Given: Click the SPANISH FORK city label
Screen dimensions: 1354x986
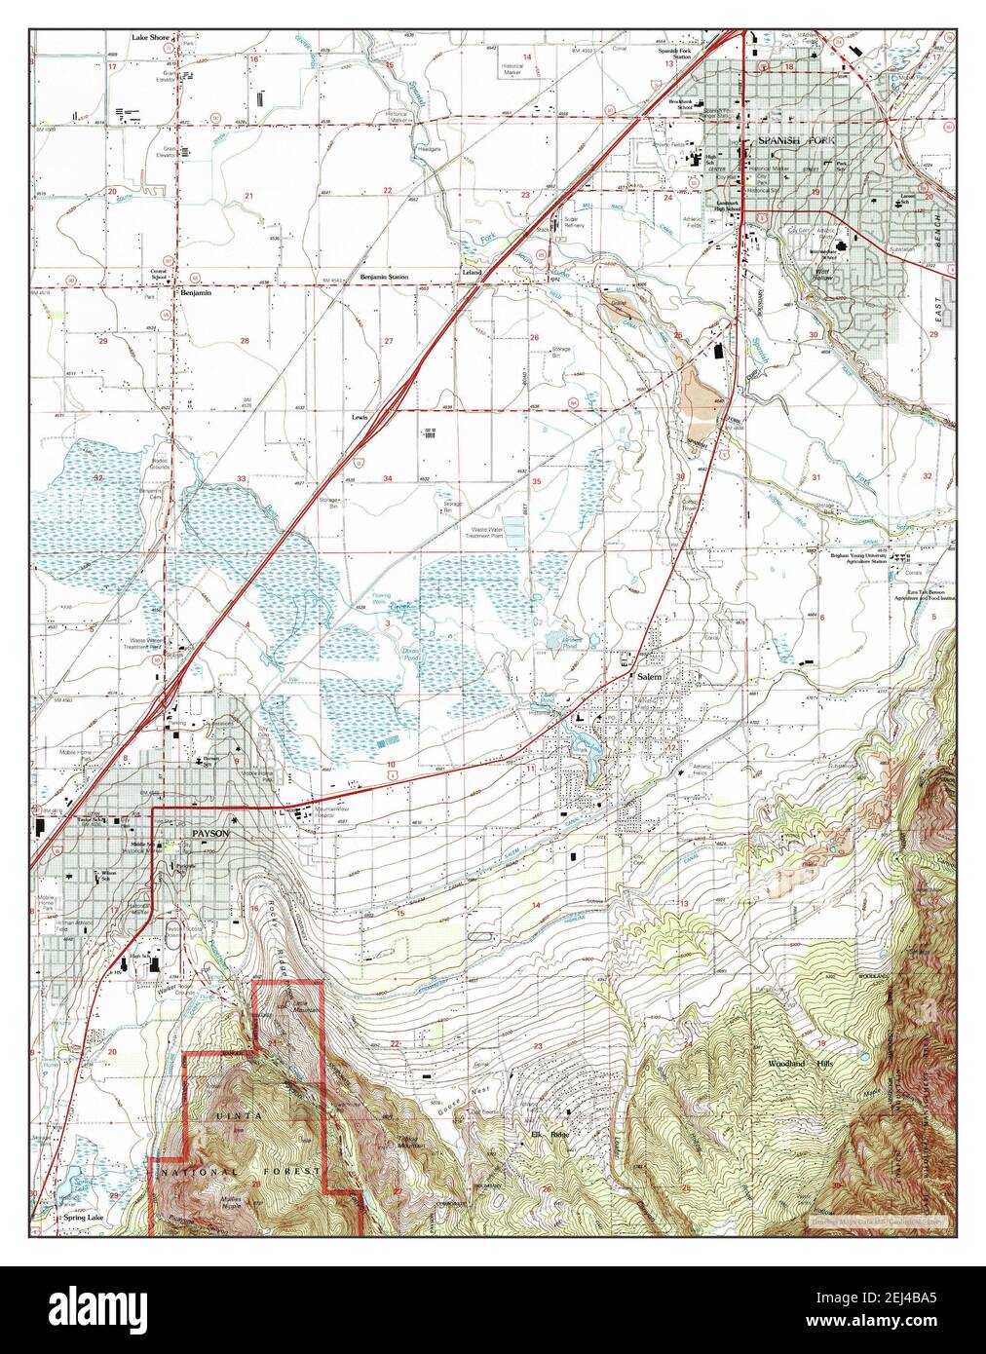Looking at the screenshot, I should coord(790,141).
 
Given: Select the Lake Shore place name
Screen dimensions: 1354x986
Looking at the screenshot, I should coord(151,38).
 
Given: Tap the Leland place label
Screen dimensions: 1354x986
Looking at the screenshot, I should coord(473,274).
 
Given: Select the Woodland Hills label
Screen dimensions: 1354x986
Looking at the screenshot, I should coord(796,1065).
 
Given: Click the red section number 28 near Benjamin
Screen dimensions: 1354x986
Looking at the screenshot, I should coord(246,341).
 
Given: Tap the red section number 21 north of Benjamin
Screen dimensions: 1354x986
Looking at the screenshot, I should coord(248,197).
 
